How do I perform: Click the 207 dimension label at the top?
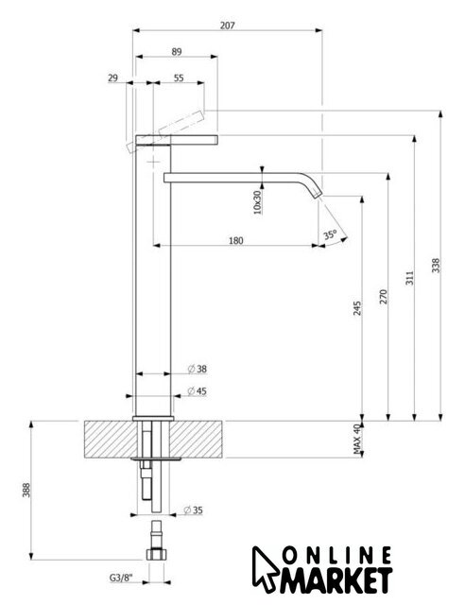pos(227,26)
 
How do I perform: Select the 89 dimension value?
pos(177,51)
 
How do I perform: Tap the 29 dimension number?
pos(112,78)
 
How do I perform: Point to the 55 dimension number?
pos(179,78)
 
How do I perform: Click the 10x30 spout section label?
pos(257,201)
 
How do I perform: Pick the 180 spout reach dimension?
pos(236,241)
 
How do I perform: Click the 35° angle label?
pos(331,234)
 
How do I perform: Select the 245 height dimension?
pos(357,308)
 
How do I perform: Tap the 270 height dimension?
pos(383,296)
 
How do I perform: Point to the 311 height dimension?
pos(409,278)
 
